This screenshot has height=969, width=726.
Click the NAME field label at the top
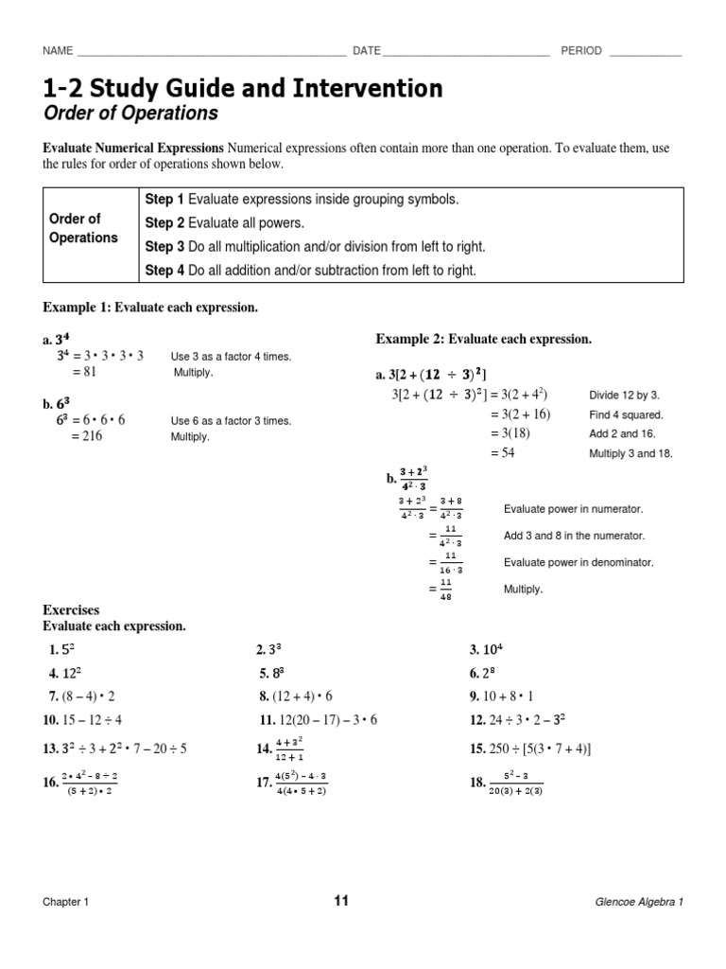59,51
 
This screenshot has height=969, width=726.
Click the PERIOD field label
581,51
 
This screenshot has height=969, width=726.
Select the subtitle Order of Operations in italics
130,115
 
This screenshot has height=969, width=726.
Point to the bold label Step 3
164,247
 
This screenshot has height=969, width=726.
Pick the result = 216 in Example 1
86,436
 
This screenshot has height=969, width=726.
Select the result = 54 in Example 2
503,453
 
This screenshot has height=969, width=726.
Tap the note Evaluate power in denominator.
579,562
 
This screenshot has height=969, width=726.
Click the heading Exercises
71,610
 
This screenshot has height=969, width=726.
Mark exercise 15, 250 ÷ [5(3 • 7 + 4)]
530,749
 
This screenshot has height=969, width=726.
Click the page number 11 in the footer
340,901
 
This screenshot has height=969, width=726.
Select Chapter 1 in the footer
66,903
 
